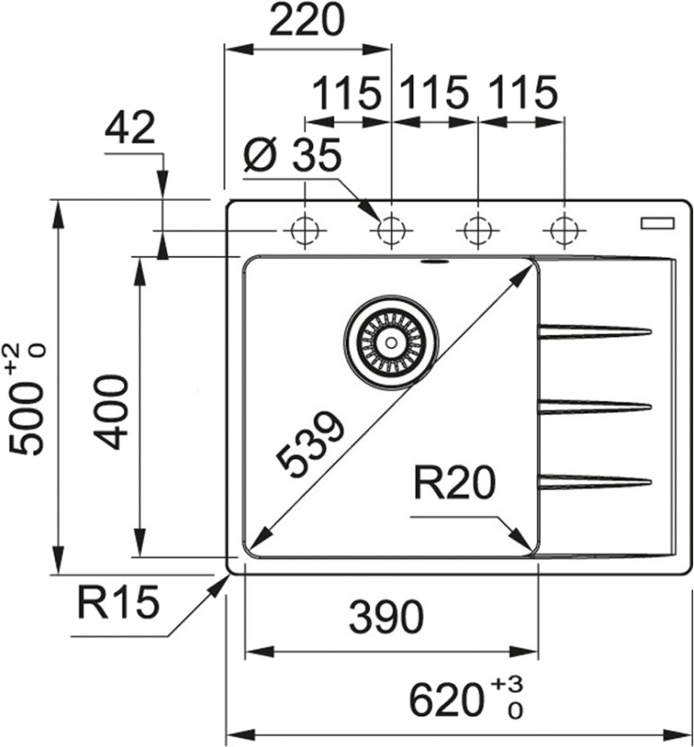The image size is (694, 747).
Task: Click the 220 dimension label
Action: point(306,20)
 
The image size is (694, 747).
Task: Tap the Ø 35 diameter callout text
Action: point(292,154)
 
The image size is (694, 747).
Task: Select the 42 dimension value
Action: point(130,128)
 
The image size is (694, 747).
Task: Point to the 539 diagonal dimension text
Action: point(310,444)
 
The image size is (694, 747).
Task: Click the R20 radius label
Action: point(455,482)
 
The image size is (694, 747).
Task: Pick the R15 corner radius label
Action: point(117,602)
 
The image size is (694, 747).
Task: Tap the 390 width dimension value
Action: point(386,617)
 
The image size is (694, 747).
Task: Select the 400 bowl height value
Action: point(111,413)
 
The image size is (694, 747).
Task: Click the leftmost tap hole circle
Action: point(304,231)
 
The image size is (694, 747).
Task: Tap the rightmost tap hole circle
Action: point(564,231)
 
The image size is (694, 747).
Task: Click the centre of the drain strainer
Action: point(391,342)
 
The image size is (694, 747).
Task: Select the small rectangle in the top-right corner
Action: point(657,223)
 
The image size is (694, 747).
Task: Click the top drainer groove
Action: point(594,331)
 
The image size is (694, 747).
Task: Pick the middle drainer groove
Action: point(594,407)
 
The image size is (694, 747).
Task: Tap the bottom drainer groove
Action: point(594,481)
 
